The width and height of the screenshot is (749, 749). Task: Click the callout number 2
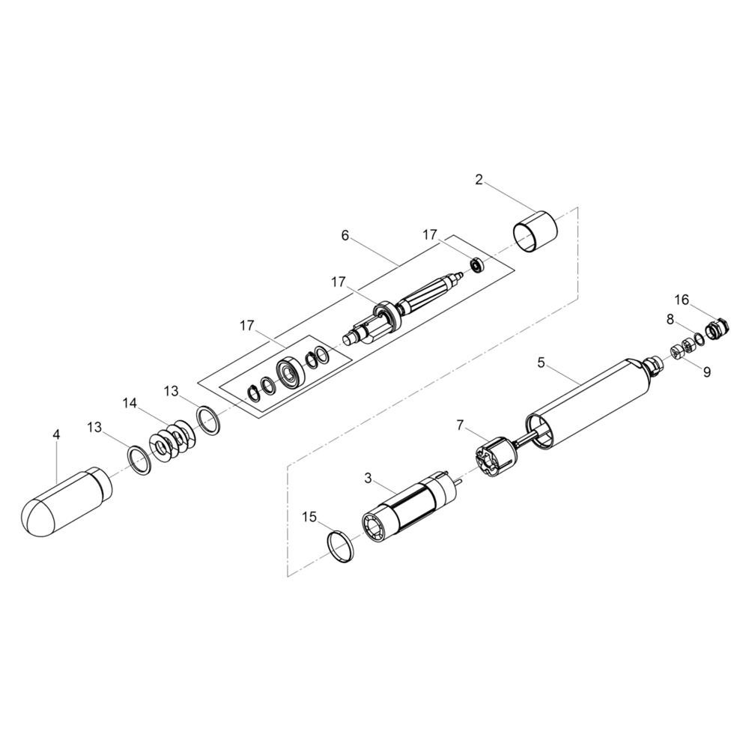pos(479,180)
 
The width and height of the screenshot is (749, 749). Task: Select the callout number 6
pos(345,235)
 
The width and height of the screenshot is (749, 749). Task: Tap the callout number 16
pos(682,300)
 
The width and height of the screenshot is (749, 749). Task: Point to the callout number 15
pos(309,517)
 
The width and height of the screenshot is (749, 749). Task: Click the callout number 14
pos(130,403)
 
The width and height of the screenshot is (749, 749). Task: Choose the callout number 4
pos(57,434)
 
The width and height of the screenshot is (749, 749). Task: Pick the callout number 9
pos(707,372)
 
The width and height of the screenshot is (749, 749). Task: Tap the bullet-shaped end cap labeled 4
pos(67,502)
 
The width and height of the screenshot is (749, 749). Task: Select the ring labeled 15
pos(341,545)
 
